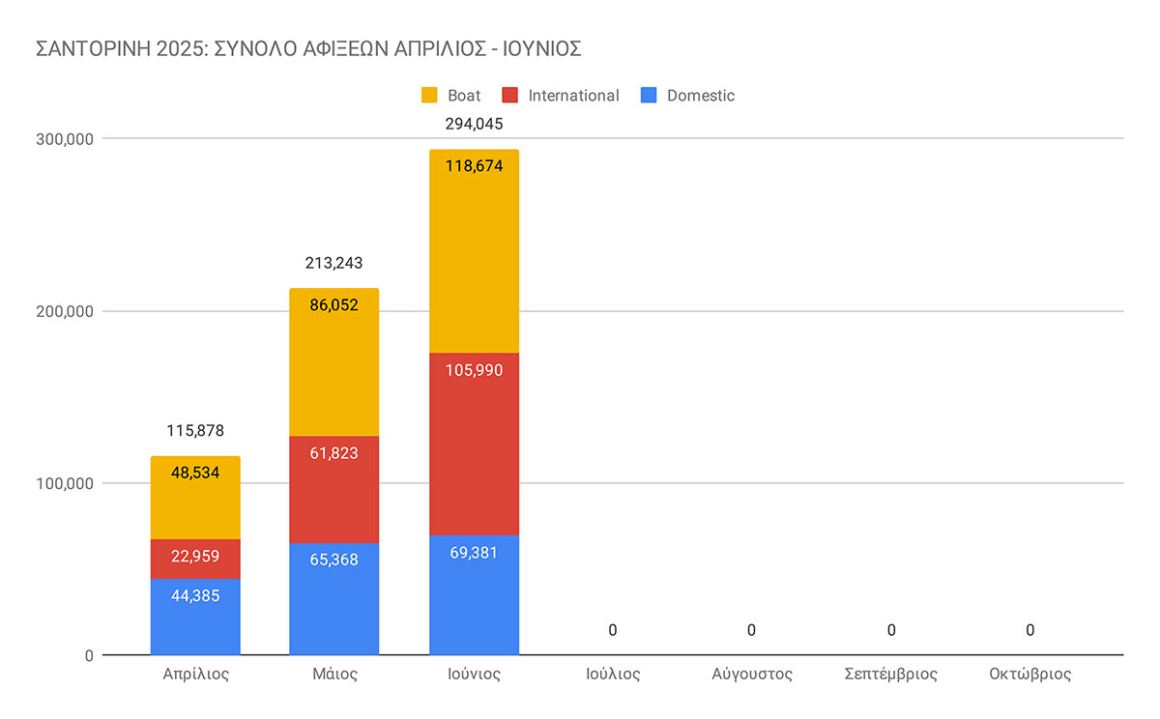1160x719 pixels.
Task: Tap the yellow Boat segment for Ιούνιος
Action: pyautogui.click(x=474, y=251)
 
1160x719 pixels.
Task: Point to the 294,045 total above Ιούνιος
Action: pyautogui.click(x=474, y=124)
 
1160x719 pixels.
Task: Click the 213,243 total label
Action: pyautogui.click(x=333, y=263)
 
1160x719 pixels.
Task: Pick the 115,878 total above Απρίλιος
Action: pyautogui.click(x=195, y=431)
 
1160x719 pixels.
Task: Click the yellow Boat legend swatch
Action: pyautogui.click(x=429, y=96)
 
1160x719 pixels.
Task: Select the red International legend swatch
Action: pyautogui.click(x=510, y=96)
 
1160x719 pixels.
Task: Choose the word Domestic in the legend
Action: pyautogui.click(x=701, y=96)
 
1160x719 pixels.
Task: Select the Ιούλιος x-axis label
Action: pyautogui.click(x=613, y=674)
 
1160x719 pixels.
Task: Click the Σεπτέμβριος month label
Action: pyautogui.click(x=890, y=674)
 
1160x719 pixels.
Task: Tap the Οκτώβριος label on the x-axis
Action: pyautogui.click(x=1030, y=674)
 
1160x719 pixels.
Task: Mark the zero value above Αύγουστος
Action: pyautogui.click(x=751, y=631)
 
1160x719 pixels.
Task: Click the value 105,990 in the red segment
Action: pyautogui.click(x=474, y=371)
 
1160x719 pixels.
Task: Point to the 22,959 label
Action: pyautogui.click(x=195, y=556)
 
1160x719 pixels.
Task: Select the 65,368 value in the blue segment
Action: pyautogui.click(x=333, y=560)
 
